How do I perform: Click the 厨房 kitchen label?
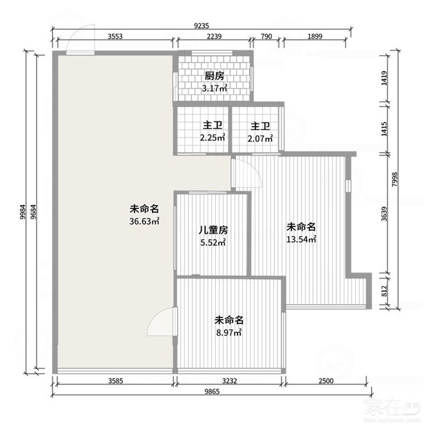click(214, 76)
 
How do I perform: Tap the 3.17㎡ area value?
click(214, 88)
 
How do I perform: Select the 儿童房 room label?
click(213, 230)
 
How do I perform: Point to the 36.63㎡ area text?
click(144, 221)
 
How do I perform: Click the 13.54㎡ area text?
click(301, 239)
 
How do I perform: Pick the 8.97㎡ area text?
click(229, 333)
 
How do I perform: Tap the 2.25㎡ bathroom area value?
click(213, 137)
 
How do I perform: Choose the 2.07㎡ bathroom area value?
click(260, 139)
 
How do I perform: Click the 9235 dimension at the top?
click(202, 25)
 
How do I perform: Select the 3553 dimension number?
click(115, 36)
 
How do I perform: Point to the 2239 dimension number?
click(214, 36)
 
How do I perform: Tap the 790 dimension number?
click(267, 36)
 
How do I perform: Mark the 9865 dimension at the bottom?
click(212, 391)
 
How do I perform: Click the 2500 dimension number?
click(326, 381)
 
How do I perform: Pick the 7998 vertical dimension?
click(394, 179)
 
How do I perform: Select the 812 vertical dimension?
click(384, 291)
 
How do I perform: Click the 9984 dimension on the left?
click(23, 211)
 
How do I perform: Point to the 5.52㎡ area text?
click(213, 242)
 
